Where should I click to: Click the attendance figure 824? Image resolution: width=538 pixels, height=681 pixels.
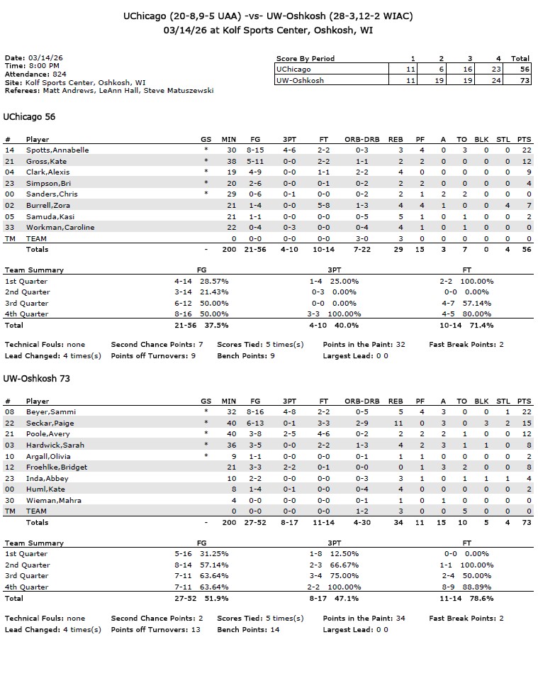click(60, 74)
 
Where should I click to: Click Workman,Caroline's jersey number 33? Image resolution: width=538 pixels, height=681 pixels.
click(9, 228)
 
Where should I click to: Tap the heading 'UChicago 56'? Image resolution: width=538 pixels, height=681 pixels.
click(29, 117)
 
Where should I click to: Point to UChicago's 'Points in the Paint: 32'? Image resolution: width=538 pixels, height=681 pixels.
click(364, 345)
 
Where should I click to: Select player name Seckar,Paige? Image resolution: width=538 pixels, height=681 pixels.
click(50, 423)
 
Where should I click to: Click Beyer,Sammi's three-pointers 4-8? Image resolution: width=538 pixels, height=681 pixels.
click(289, 412)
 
